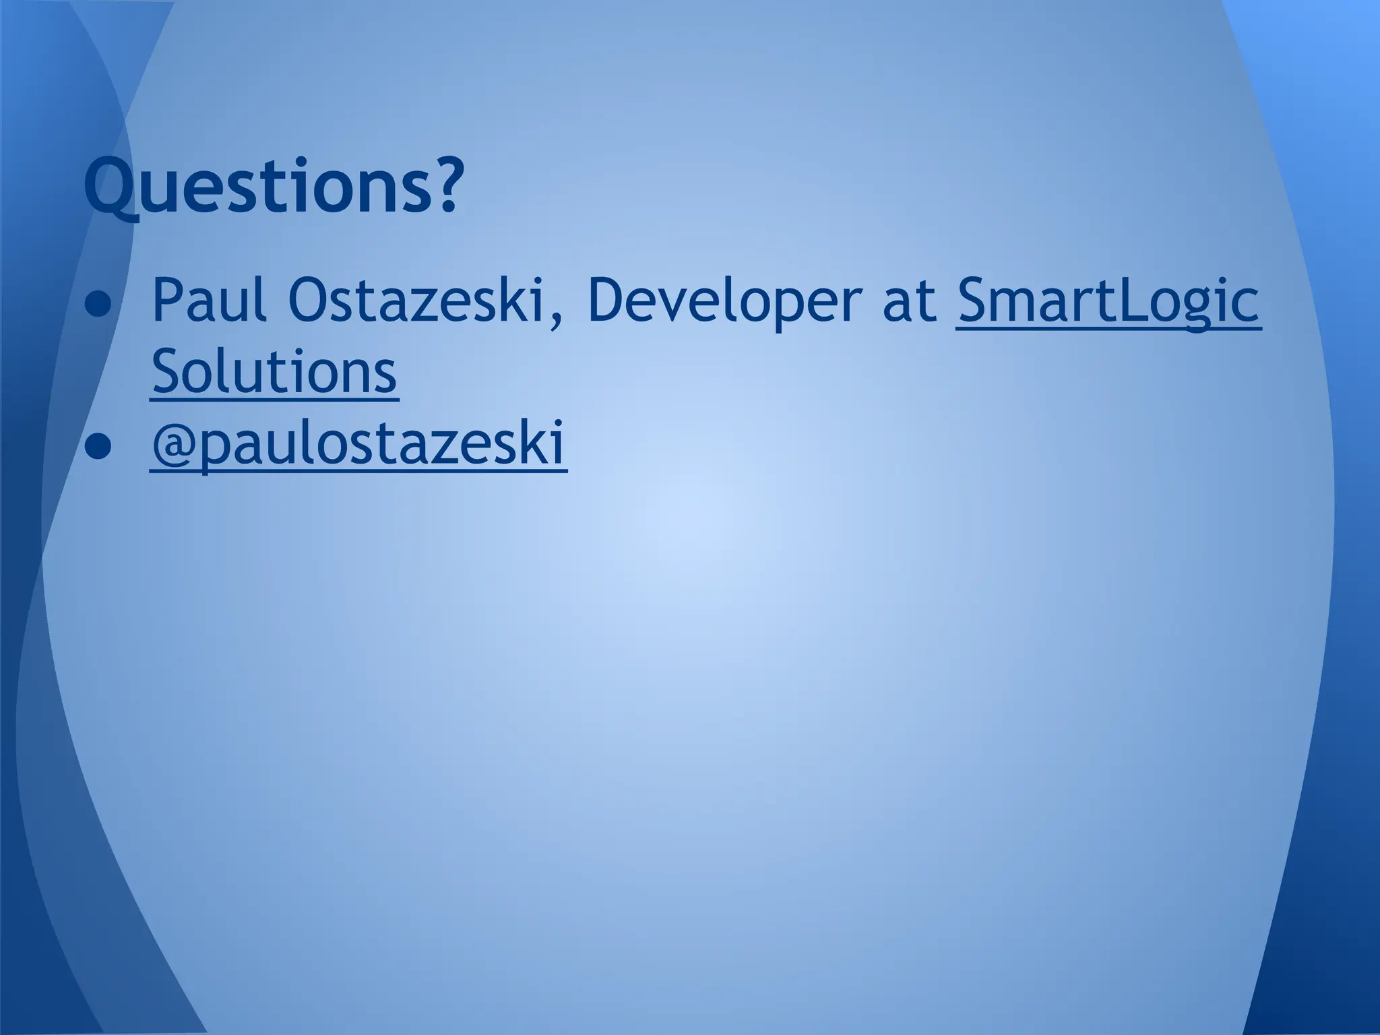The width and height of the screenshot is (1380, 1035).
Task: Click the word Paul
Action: click(x=208, y=300)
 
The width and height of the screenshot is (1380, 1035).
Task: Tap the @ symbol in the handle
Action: click(x=175, y=446)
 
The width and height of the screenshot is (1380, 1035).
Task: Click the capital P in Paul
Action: click(x=167, y=299)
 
